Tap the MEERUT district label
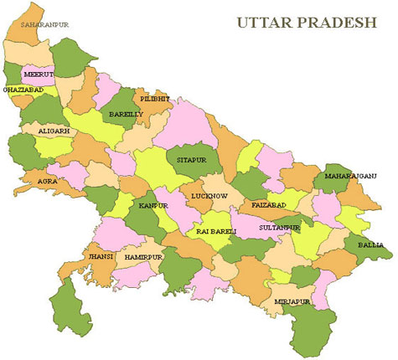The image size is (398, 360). click(39, 74)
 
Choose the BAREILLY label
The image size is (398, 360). click(126, 113)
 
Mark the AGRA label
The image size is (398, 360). click(46, 178)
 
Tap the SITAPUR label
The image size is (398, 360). click(191, 157)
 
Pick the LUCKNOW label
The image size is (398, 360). click(209, 195)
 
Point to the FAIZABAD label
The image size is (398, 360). click(269, 205)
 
